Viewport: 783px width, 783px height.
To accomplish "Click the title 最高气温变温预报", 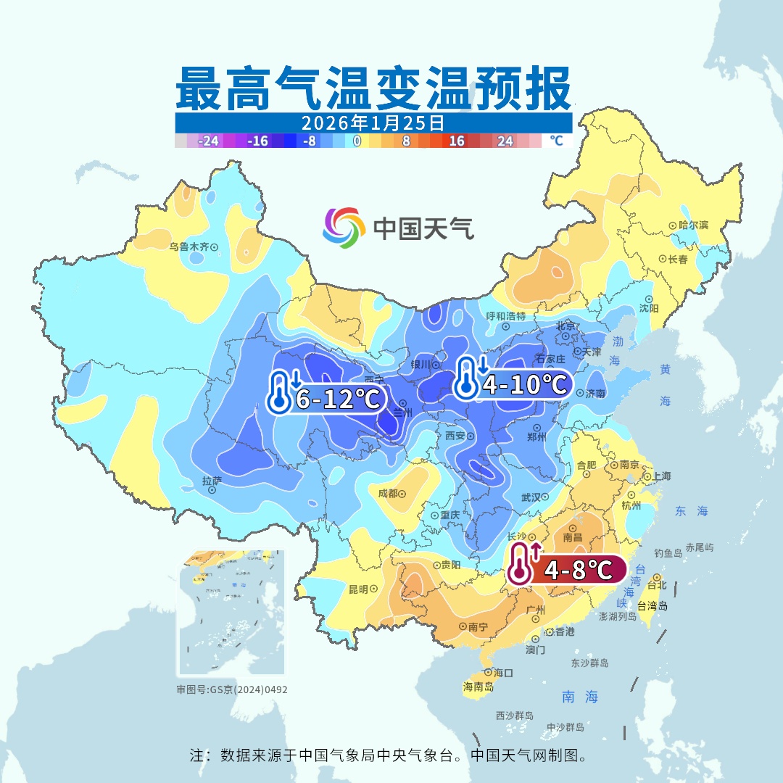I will point(373,89).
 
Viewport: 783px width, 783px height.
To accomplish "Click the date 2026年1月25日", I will point(373,123).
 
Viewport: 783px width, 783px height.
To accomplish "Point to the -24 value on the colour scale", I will point(210,141).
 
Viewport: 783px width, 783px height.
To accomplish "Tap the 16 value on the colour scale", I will point(457,141).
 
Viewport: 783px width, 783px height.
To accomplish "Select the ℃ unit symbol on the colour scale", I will point(556,141).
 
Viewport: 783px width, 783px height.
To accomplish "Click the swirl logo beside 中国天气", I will point(343,227).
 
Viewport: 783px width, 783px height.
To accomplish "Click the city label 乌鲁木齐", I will point(189,246).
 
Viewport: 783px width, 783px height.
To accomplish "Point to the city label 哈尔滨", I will point(693,225).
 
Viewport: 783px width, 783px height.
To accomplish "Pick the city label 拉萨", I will point(212,481).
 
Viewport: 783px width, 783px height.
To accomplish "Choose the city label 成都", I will point(388,493).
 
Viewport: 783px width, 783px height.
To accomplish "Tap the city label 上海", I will point(661,476).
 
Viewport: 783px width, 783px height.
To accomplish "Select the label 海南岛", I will point(478,686).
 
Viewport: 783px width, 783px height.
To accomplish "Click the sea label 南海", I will point(580,697).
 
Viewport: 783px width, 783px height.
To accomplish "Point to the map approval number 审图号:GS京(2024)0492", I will point(232,689).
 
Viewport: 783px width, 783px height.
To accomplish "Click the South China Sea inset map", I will point(231,613).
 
